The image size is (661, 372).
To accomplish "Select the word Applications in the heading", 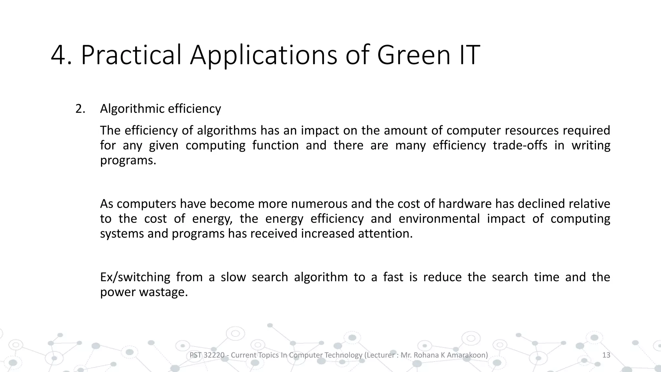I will [263, 56].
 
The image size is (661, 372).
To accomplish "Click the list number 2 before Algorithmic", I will [80, 109].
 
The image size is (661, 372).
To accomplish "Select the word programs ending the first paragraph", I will [128, 160].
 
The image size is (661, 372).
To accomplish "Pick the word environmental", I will [439, 219].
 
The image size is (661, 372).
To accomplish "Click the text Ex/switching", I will [135, 277].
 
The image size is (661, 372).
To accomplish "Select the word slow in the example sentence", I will [233, 277].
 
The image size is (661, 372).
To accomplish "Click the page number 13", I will [606, 355].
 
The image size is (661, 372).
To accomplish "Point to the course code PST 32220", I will [207, 355].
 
